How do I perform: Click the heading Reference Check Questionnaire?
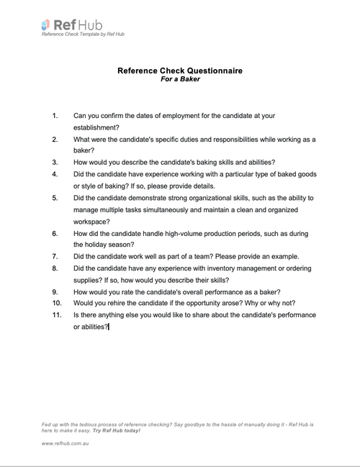click(x=179, y=71)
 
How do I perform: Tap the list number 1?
click(x=55, y=115)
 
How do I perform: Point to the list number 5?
click(x=55, y=198)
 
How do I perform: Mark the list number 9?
click(x=55, y=292)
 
